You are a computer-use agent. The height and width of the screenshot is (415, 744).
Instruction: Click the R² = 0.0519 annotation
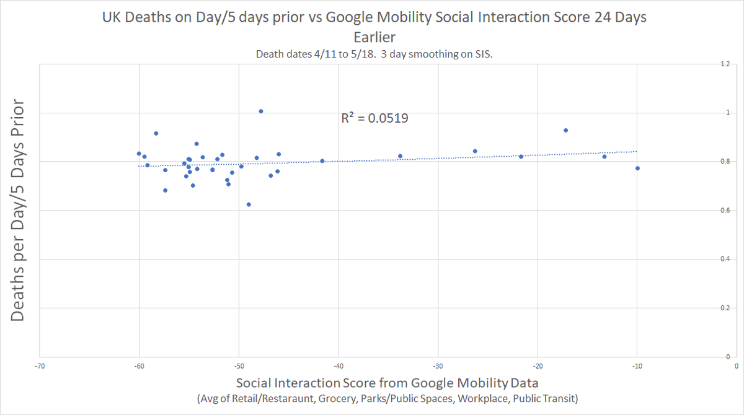tap(374, 118)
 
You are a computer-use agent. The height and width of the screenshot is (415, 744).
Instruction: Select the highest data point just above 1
tap(261, 111)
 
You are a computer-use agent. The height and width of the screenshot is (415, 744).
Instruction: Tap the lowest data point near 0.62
tap(249, 204)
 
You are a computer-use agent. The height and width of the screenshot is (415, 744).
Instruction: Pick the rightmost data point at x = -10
tap(637, 168)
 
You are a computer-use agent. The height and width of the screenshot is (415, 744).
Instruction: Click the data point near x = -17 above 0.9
tap(565, 130)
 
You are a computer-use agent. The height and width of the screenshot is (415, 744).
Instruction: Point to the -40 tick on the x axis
tap(339, 365)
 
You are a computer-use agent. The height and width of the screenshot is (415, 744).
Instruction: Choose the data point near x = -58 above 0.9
tap(156, 133)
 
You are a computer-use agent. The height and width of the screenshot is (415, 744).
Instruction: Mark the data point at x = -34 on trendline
tap(400, 156)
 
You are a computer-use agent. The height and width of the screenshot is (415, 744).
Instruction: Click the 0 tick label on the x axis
tap(736, 365)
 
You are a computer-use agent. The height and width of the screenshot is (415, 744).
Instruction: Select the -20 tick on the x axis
tap(538, 365)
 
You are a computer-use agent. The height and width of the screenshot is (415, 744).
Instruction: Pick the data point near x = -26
tap(475, 151)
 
